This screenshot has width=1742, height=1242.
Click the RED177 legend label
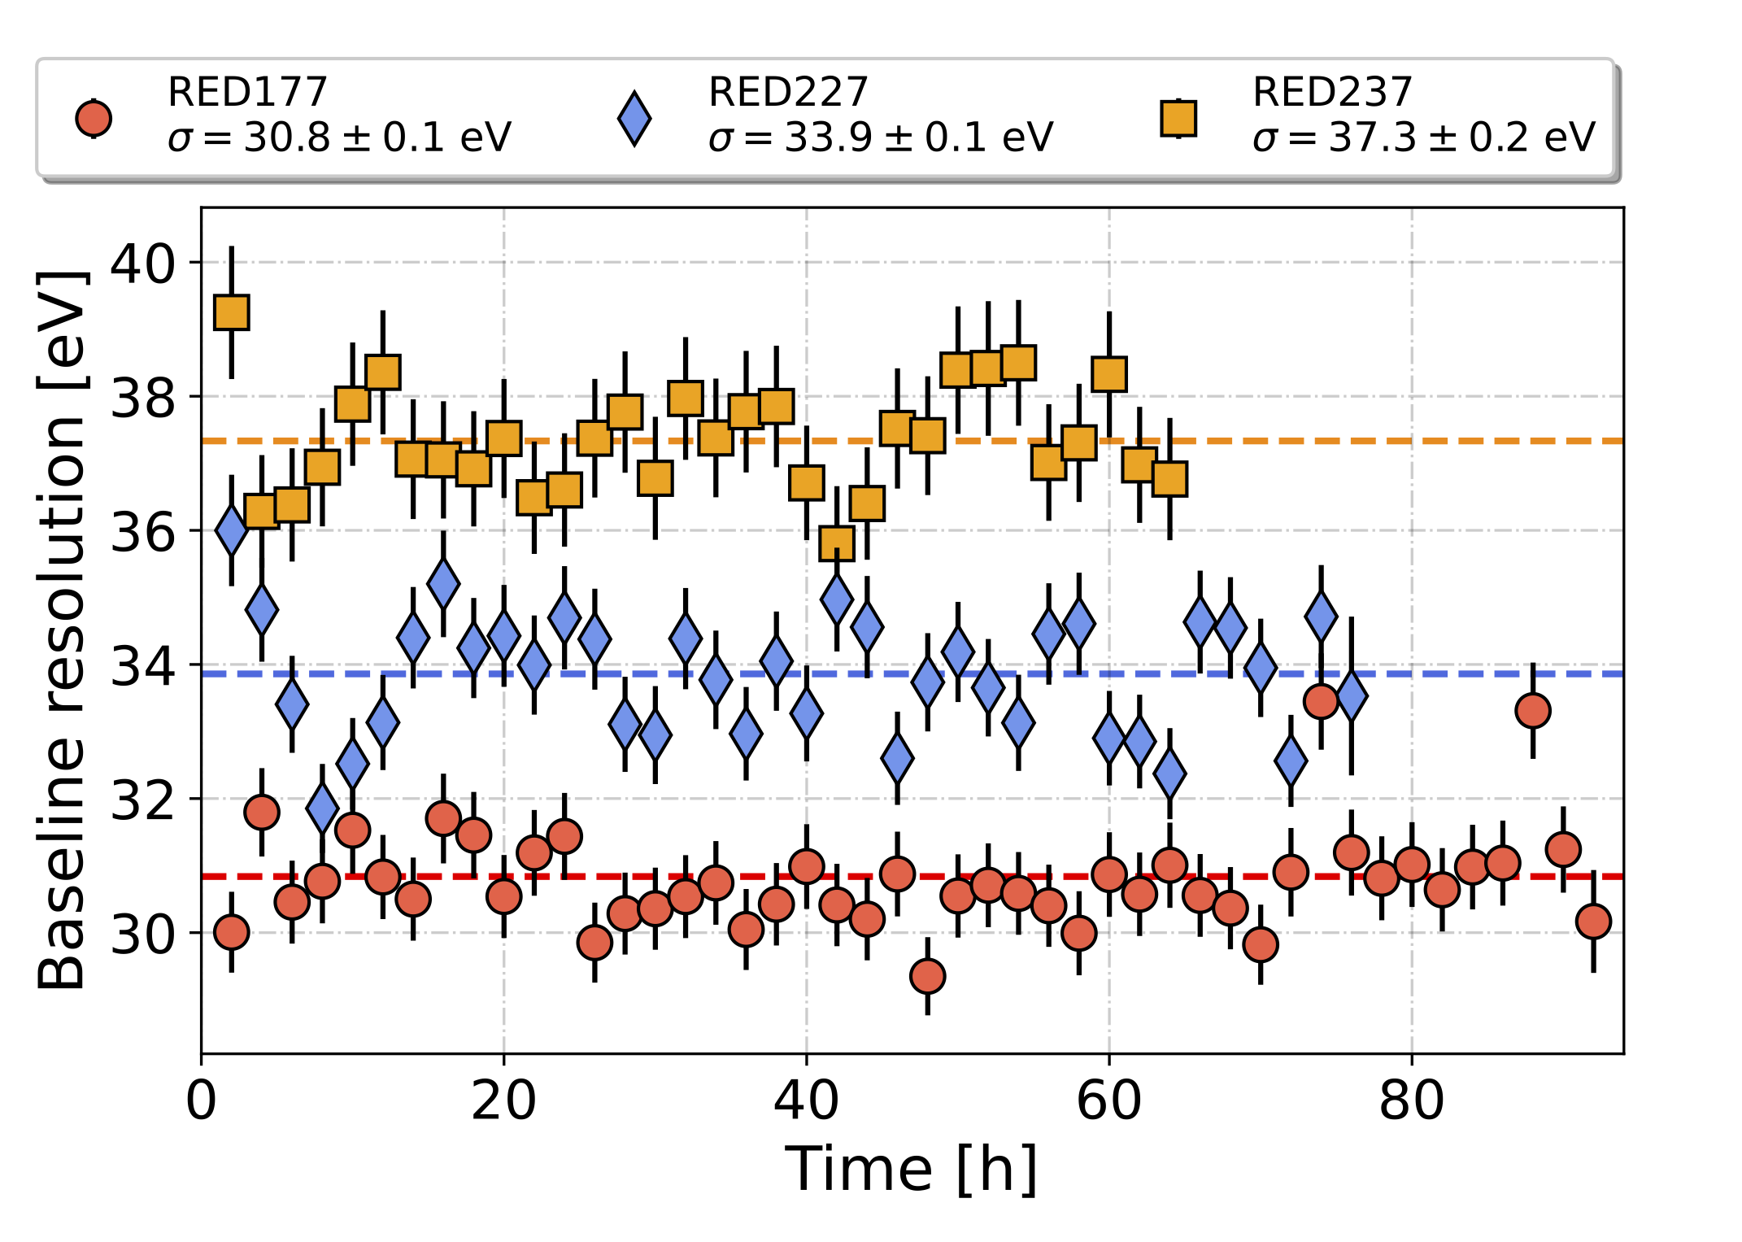pos(247,92)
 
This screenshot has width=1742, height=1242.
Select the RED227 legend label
pos(788,92)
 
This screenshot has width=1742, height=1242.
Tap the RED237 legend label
pos(1332,92)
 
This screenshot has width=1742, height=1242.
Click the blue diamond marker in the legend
pos(634,119)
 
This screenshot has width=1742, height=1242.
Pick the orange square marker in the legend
pos(1178,119)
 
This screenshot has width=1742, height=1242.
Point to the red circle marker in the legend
pos(94,119)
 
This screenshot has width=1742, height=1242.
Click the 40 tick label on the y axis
pos(142,264)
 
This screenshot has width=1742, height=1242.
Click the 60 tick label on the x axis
pos(1108,1101)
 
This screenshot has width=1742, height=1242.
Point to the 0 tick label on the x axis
pos(201,1101)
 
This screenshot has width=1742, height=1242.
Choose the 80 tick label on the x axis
pos(1411,1101)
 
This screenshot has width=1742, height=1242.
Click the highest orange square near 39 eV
pos(232,312)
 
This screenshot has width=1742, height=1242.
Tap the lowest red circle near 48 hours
pos(927,975)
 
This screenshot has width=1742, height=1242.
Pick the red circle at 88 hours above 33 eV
pos(1533,711)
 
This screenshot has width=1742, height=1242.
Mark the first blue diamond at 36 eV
pos(232,529)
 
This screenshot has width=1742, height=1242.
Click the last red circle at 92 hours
pos(1593,922)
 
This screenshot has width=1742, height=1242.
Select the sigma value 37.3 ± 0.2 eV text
pos(1423,137)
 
